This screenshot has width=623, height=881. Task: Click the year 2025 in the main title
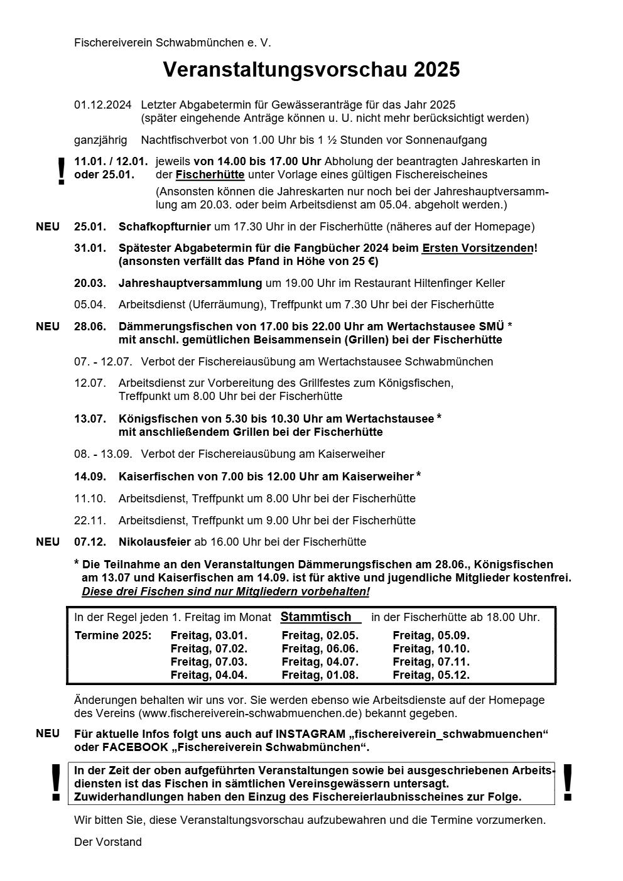[x=436, y=70]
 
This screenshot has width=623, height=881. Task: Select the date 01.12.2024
[x=102, y=105]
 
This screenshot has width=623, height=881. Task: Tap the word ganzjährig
[x=100, y=140]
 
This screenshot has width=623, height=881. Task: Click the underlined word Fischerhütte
[x=210, y=175]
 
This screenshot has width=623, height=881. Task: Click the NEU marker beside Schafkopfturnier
[x=48, y=227]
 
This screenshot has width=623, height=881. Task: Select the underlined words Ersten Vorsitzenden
[x=477, y=248]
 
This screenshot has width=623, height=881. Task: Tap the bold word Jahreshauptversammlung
[x=190, y=283]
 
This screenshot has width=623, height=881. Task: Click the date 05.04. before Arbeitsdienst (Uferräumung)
[x=90, y=305]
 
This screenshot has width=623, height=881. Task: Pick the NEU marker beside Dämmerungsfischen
[x=48, y=327]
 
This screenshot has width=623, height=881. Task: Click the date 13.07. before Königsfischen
[x=90, y=419]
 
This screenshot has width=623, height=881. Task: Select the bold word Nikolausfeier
[x=154, y=542]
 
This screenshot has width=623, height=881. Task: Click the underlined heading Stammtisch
[x=316, y=617]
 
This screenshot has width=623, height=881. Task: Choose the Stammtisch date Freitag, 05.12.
[x=431, y=676]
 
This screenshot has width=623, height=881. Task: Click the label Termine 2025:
[x=113, y=635]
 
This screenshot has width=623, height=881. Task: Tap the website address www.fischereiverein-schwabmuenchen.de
[x=249, y=713]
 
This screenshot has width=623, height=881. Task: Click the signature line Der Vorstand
[x=108, y=842]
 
